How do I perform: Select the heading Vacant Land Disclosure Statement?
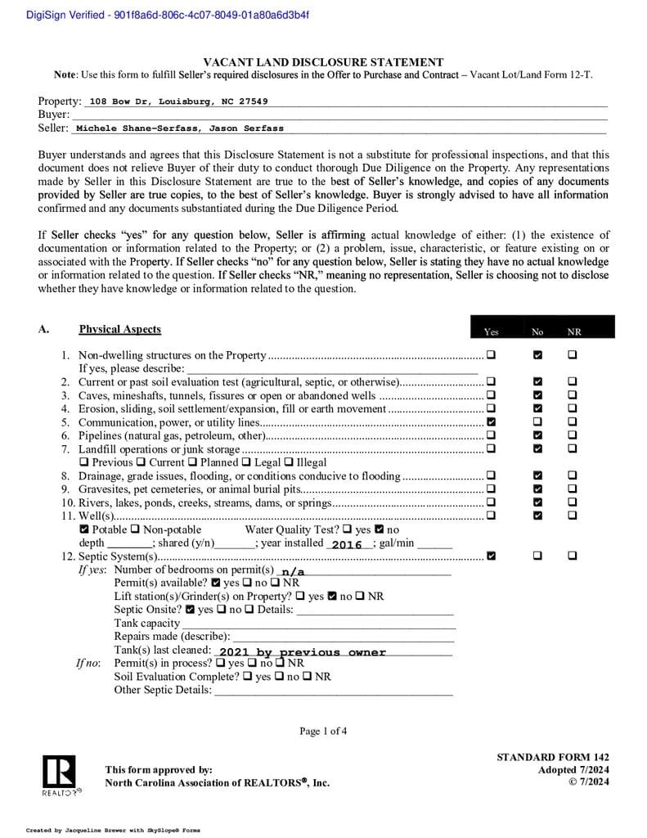(x=323, y=62)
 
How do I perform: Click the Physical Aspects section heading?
(x=119, y=330)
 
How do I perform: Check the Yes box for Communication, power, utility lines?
(x=491, y=422)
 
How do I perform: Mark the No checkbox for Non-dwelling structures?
(x=537, y=355)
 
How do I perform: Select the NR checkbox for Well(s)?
(x=572, y=515)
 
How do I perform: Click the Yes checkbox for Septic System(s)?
(x=491, y=556)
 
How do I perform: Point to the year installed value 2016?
(x=347, y=544)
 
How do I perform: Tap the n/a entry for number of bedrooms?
(x=291, y=571)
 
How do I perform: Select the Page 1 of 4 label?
(x=323, y=731)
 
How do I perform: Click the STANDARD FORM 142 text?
(x=552, y=758)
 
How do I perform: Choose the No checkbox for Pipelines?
(x=537, y=435)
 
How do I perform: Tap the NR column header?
(x=574, y=332)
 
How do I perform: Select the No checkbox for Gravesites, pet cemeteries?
(x=537, y=489)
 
